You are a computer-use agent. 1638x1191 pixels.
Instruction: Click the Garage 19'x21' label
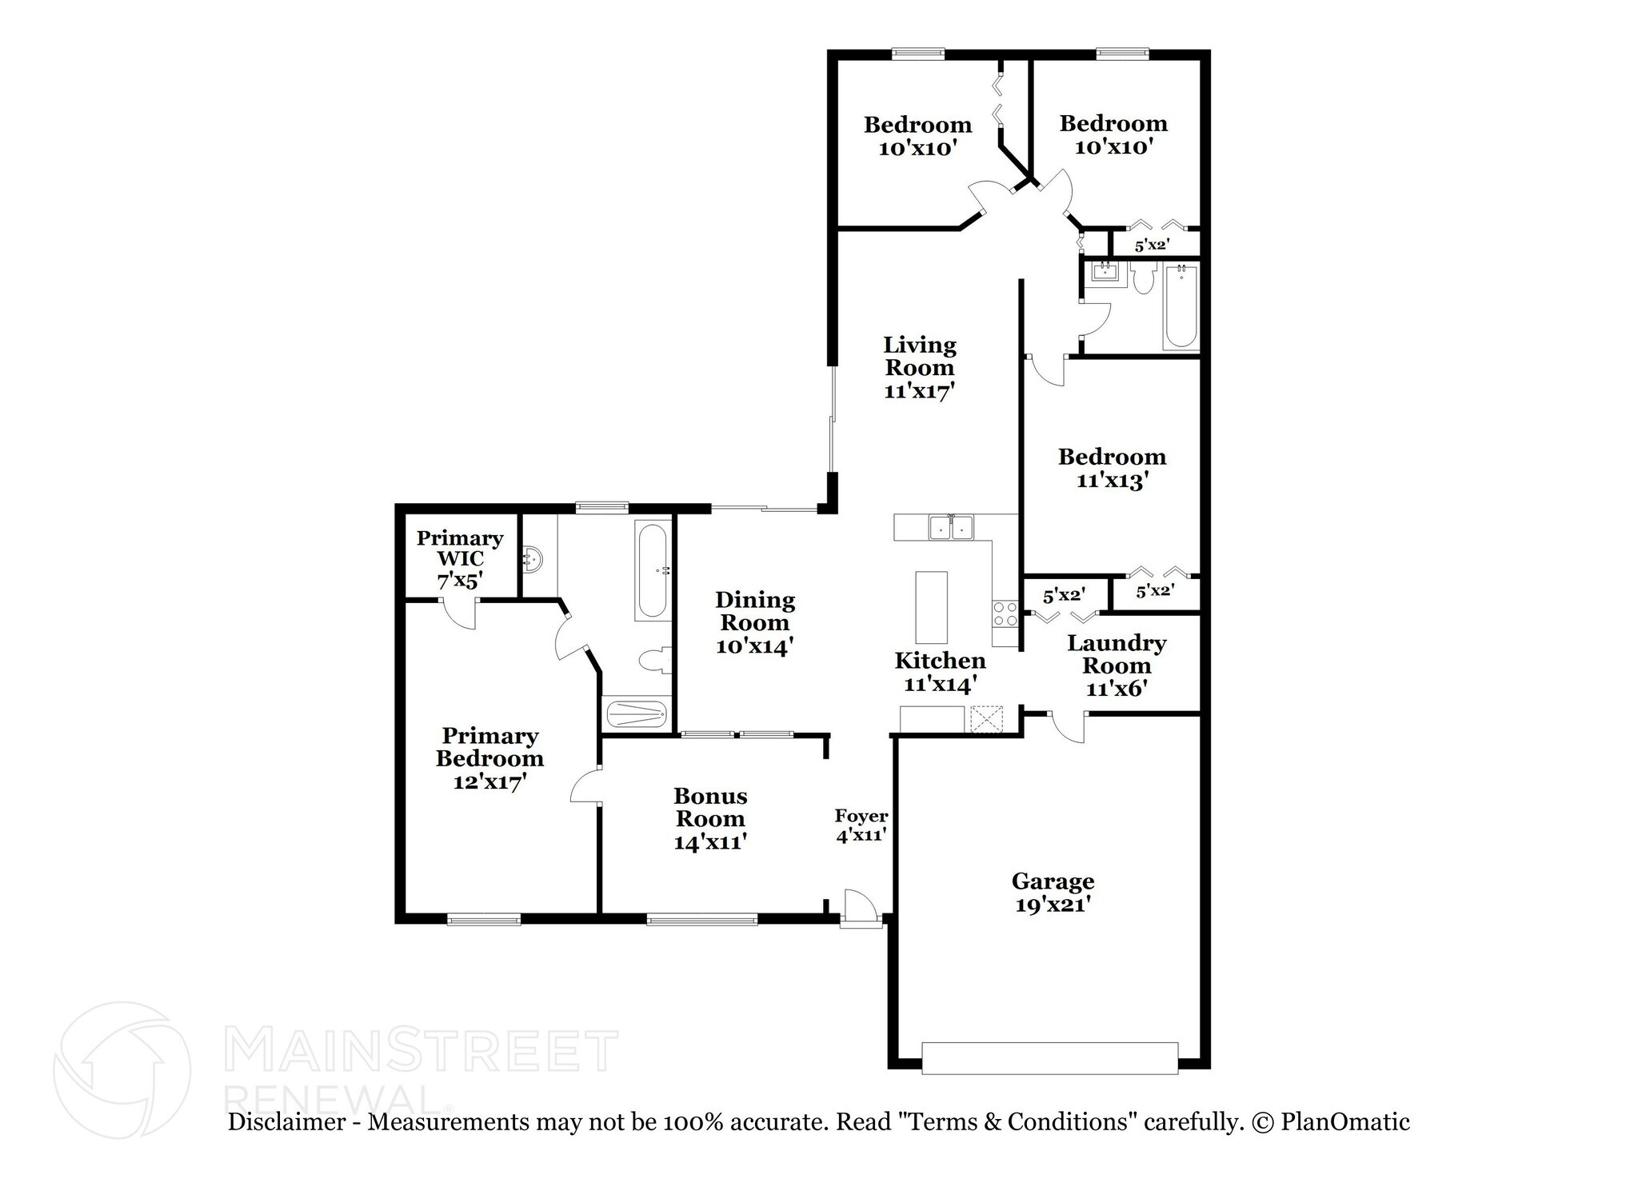pyautogui.click(x=1053, y=893)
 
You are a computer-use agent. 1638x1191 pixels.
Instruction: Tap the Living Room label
pyautogui.click(x=920, y=368)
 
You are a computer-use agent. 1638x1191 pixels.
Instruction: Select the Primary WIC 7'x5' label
pyautogui.click(x=460, y=559)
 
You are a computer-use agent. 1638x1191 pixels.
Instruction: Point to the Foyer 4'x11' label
pyautogui.click(x=861, y=825)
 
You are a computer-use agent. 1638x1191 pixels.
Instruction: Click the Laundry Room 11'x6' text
pyautogui.click(x=1117, y=665)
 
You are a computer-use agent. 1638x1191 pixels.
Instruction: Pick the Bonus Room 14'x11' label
pyautogui.click(x=710, y=818)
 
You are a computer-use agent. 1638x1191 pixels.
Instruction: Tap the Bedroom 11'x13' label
pyautogui.click(x=1112, y=468)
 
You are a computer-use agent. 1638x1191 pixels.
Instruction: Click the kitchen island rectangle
pyautogui.click(x=931, y=607)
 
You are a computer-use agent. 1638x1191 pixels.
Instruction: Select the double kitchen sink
pyautogui.click(x=951, y=528)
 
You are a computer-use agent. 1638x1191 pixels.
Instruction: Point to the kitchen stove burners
pyautogui.click(x=1005, y=614)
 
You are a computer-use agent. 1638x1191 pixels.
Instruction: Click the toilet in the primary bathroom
pyautogui.click(x=653, y=661)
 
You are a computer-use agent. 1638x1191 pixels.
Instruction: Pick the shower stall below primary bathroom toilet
pyautogui.click(x=636, y=713)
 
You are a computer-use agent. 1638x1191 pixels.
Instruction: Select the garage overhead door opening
pyautogui.click(x=1049, y=1057)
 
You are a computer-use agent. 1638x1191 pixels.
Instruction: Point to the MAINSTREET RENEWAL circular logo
pyautogui.click(x=122, y=1069)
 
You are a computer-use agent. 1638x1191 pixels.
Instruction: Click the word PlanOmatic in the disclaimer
pyautogui.click(x=1345, y=1122)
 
